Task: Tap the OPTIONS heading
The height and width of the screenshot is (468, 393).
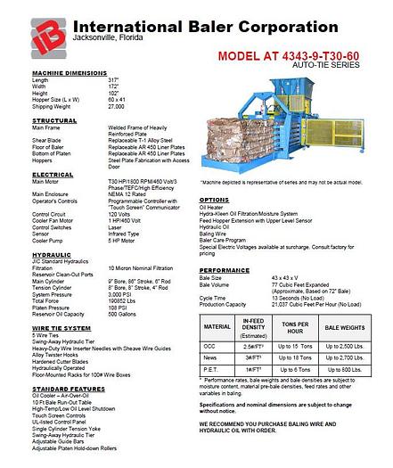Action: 214,201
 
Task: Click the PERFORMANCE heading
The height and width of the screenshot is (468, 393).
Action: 225,268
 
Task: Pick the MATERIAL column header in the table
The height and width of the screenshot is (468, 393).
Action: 218,327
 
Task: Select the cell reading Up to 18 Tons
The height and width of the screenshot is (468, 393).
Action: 294,357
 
